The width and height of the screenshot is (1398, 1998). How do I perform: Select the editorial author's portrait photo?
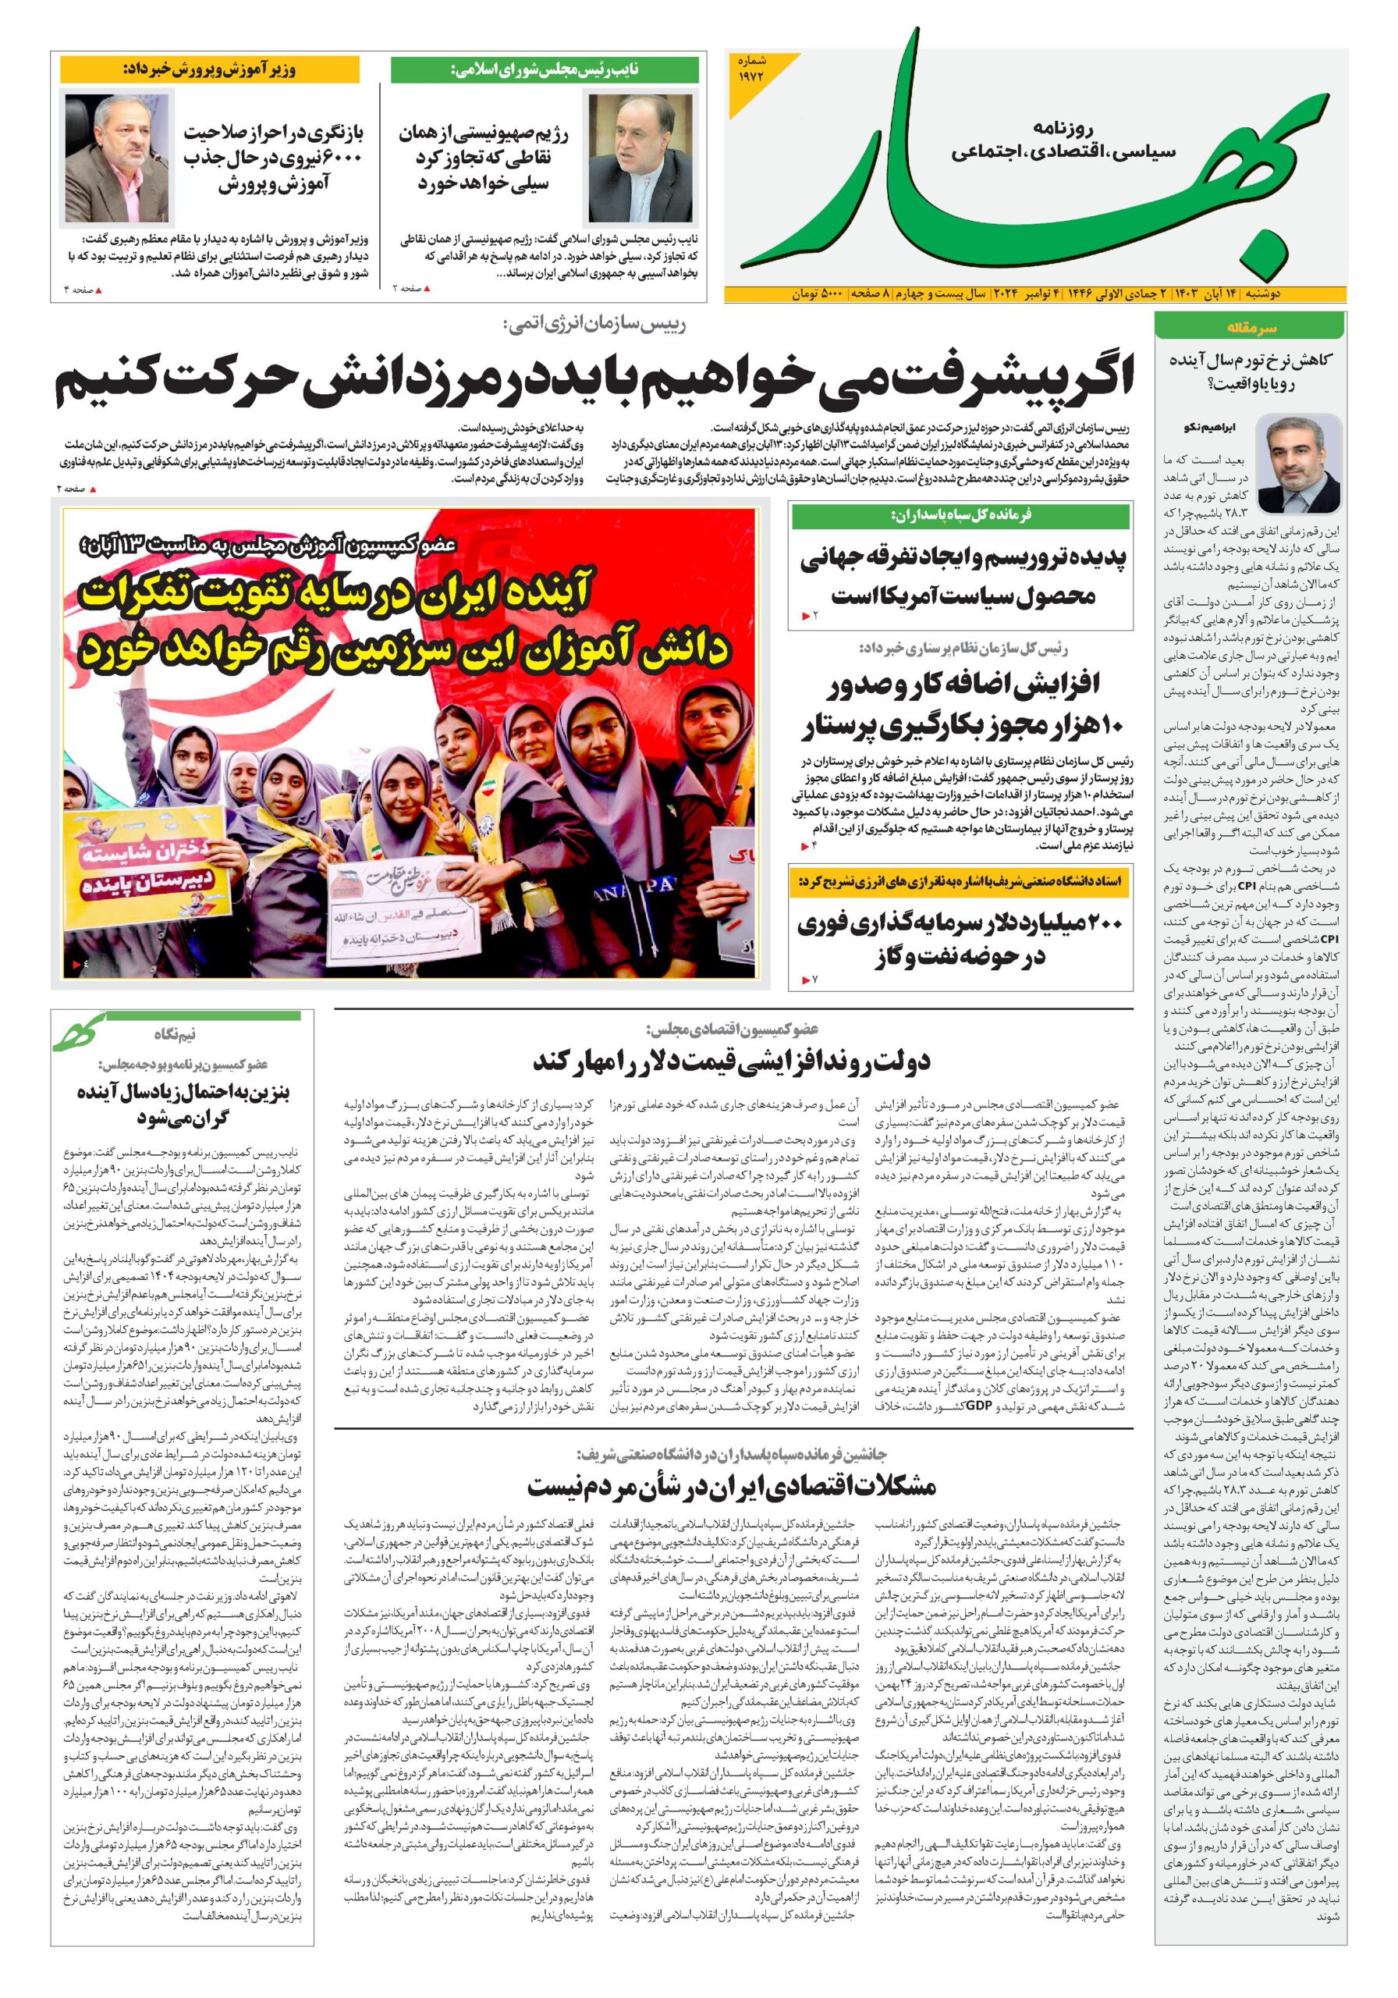coord(1300,464)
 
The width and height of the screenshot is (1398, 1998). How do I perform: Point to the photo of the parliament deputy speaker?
coord(641,158)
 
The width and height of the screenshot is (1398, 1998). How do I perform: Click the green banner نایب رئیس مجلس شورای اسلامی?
coord(545,70)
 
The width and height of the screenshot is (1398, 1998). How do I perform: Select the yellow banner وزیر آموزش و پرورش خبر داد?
coord(210,70)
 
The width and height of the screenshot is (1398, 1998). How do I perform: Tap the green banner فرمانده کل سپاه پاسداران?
coord(960,515)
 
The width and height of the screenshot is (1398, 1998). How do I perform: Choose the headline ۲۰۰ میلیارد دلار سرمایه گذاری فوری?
coord(960,940)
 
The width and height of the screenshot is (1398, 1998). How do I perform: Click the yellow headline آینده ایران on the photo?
coord(406,620)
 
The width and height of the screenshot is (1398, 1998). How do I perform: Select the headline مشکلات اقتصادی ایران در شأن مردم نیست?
coord(732,1485)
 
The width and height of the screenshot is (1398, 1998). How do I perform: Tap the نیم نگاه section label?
coord(175,1034)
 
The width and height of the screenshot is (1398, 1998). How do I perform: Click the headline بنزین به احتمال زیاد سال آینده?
coord(183,1104)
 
